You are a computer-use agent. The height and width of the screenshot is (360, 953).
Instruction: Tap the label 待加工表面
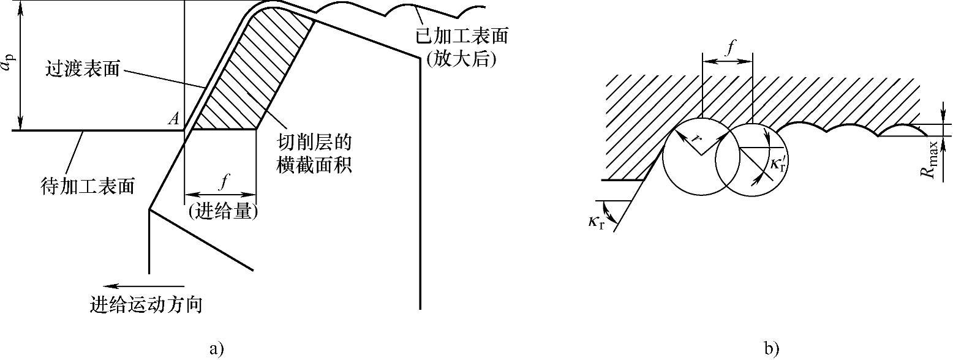click(x=87, y=184)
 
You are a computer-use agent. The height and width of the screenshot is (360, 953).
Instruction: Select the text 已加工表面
click(x=462, y=36)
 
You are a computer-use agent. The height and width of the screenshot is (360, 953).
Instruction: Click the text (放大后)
click(x=462, y=60)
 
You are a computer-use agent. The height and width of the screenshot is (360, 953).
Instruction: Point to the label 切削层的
click(x=314, y=142)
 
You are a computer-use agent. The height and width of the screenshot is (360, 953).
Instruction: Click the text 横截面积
click(x=314, y=165)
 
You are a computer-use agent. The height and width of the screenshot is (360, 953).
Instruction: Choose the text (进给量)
click(x=222, y=212)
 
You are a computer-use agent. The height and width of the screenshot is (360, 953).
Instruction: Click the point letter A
click(x=174, y=120)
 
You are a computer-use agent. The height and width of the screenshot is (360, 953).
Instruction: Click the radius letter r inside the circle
click(x=695, y=138)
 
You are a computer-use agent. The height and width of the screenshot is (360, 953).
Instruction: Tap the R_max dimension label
click(x=932, y=159)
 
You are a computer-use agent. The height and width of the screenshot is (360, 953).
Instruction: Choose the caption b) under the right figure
click(x=771, y=349)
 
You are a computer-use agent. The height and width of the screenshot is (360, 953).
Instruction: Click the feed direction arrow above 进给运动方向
click(x=143, y=285)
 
